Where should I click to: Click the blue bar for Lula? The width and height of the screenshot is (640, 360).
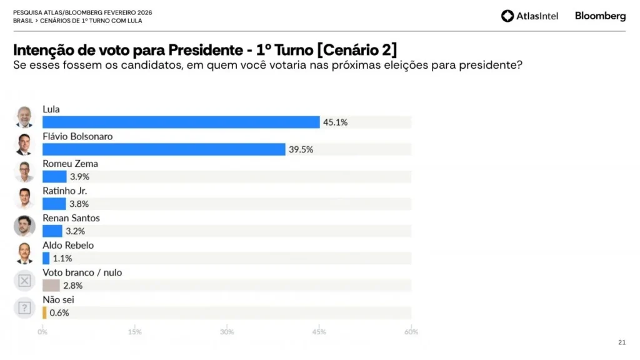pos(181,122)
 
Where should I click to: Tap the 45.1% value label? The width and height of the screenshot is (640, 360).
pos(336,122)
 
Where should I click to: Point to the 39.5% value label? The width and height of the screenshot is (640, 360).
pos(301,149)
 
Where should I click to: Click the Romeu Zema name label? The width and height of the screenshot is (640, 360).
pos(70,164)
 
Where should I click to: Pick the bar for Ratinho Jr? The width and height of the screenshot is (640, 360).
pos(54,204)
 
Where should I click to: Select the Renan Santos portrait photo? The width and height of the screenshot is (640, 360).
pos(24,226)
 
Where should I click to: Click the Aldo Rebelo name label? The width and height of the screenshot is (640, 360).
pos(68,245)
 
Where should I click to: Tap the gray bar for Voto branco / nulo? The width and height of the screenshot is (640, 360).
pos(51,286)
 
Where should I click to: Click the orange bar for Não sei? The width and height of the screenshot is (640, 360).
pos(44,312)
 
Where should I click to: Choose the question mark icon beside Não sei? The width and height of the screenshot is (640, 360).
pos(24,307)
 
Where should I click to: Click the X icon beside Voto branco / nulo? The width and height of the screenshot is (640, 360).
pos(24,281)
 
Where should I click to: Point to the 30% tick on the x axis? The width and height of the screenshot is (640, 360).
pos(227,332)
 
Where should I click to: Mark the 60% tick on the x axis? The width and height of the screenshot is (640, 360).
pos(411,332)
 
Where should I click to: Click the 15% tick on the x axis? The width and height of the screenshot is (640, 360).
pos(134,332)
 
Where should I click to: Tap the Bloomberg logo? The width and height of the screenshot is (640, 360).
pos(600,16)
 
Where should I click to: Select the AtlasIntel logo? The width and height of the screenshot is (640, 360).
pos(529,16)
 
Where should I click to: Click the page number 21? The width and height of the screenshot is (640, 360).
pos(621,342)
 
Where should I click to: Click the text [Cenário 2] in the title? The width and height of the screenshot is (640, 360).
pos(357,50)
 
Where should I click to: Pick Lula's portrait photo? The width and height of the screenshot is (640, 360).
pos(24,117)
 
